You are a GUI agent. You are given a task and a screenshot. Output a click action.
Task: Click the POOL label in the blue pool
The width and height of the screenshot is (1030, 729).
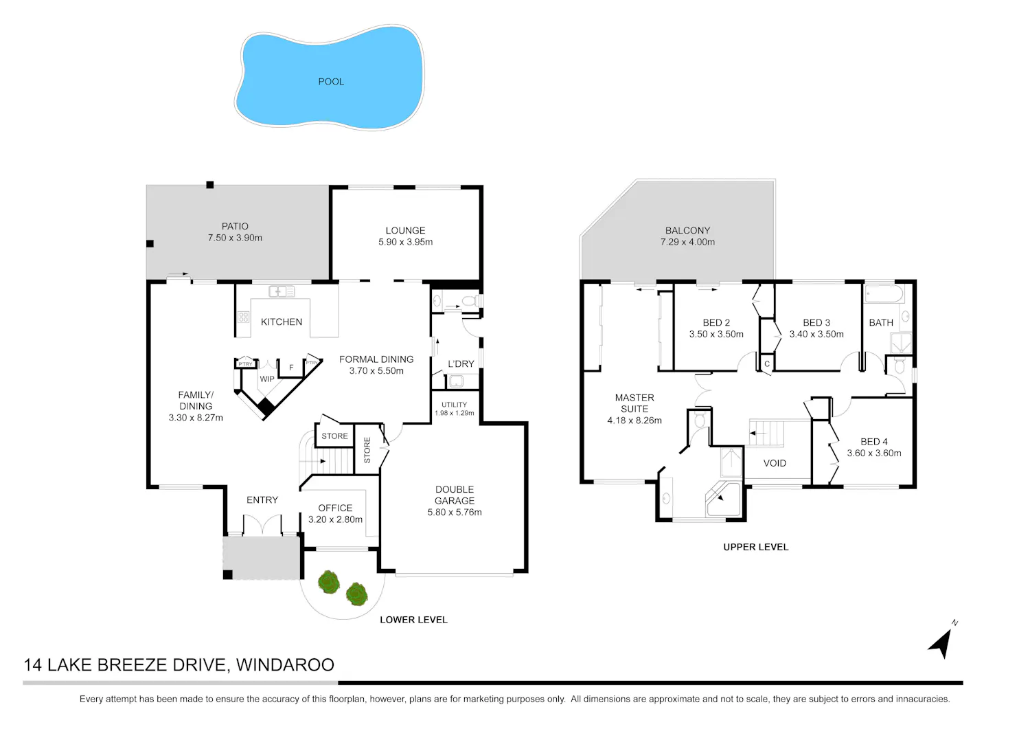point(331,82)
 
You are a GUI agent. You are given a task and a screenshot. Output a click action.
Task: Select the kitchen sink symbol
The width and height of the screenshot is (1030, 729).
point(282,292)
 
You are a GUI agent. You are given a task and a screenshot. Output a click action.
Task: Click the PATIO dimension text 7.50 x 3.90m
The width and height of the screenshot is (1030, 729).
point(235,238)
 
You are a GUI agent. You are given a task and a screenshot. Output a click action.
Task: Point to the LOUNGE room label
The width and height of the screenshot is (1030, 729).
point(405,230)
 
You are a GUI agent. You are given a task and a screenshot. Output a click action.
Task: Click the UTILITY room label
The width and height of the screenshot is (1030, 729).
point(455,405)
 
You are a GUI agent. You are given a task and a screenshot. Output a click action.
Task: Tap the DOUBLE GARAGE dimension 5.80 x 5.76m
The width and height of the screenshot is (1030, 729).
point(455,513)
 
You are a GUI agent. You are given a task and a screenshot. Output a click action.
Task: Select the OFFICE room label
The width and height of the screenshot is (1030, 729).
point(335,508)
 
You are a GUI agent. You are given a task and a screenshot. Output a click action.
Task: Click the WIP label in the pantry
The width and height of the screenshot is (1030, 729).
point(267,379)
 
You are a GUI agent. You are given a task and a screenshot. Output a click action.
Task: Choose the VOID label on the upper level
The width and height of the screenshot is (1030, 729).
point(775,463)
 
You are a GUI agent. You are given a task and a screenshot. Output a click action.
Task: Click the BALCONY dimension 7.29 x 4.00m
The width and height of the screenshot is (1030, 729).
point(687,242)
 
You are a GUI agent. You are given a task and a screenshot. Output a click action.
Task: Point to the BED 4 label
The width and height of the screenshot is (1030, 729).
point(874,441)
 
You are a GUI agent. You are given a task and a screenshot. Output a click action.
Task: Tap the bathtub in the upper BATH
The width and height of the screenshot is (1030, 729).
point(884,293)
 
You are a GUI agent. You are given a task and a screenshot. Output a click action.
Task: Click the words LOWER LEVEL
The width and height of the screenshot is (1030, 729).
point(413,620)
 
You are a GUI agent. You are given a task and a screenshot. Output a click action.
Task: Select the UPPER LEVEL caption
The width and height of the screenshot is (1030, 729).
point(756,547)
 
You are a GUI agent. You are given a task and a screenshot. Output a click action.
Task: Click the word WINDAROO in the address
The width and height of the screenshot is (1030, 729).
point(285,665)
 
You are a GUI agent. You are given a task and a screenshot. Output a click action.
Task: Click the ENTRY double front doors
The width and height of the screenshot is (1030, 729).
point(262,525)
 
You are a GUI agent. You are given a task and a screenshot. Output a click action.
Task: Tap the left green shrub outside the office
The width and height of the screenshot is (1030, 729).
point(329,582)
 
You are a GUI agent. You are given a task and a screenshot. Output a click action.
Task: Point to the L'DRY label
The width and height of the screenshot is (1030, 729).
point(461,364)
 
